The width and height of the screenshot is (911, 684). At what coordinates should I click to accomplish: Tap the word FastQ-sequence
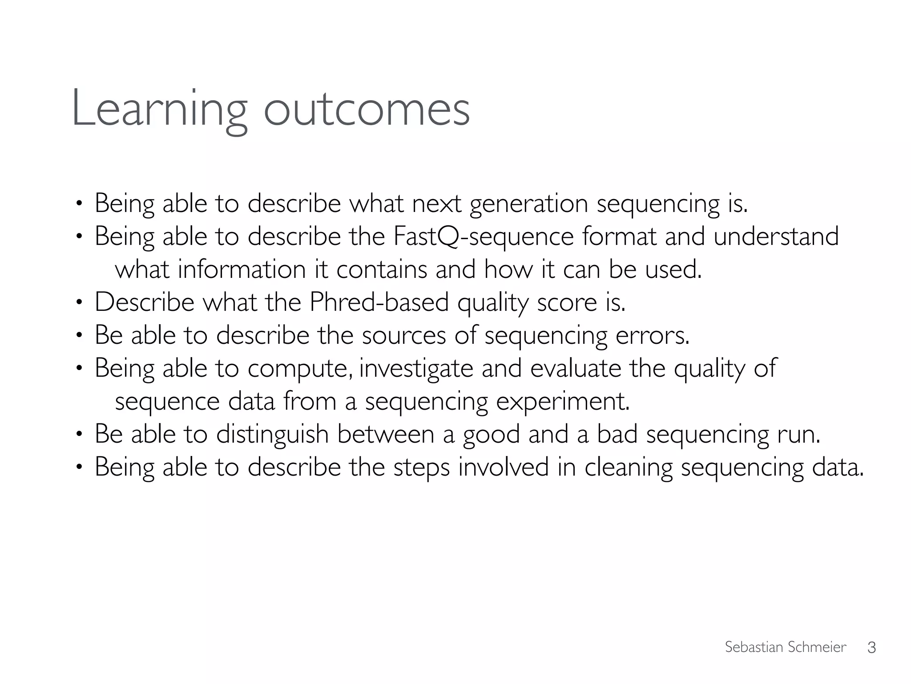point(484,236)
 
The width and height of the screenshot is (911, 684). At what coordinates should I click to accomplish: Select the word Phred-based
point(379,302)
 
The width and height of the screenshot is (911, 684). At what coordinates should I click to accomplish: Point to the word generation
point(529,204)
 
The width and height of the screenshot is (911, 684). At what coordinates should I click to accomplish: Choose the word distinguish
point(272,434)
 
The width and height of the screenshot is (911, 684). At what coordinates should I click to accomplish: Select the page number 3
point(871,647)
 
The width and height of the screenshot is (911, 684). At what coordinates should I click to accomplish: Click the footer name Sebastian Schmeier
point(785,647)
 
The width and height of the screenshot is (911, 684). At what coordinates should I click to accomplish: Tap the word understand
point(776,236)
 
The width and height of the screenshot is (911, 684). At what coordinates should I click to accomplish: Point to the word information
point(242,269)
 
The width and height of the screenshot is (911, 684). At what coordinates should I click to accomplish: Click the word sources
point(403,335)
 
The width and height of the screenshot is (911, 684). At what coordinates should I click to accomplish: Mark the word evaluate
point(576,368)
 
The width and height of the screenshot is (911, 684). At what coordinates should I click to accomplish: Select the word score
point(567,302)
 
